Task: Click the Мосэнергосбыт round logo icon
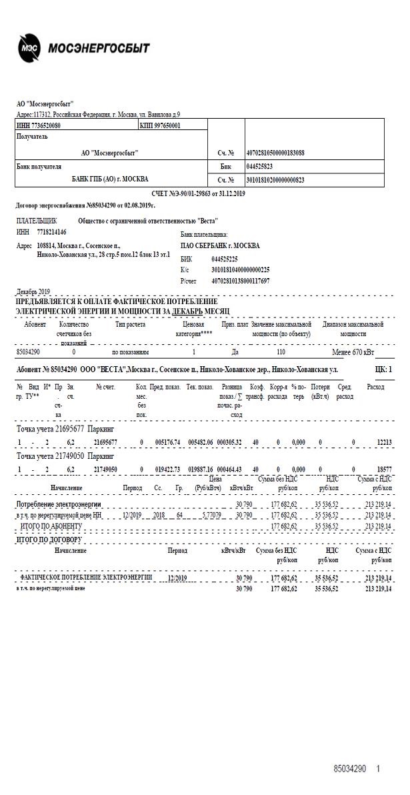coord(29,48)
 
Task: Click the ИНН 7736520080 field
coord(39,125)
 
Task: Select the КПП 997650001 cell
coord(160,125)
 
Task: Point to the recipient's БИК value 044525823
coord(259,166)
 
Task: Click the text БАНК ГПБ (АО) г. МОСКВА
coord(110,179)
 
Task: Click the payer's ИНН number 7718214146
coord(52,231)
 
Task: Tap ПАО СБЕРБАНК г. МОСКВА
coord(221,245)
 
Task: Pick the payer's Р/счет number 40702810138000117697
coord(241,281)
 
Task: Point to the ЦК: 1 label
coord(384,369)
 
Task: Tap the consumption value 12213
coord(385,442)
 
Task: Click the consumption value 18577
coord(385,470)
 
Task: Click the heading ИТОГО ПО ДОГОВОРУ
coord(49,539)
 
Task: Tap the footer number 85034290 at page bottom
coord(350,769)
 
